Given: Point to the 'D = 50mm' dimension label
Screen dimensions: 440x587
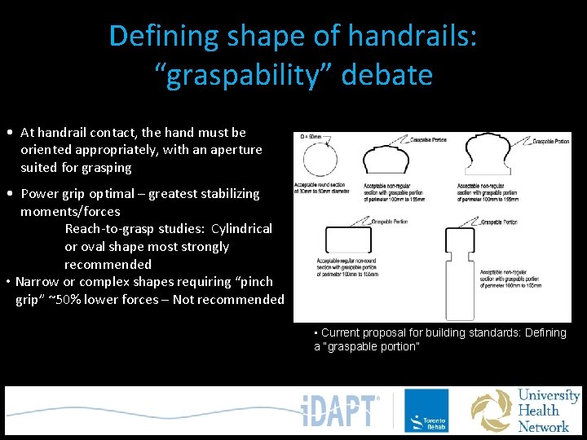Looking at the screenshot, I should [x=311, y=136].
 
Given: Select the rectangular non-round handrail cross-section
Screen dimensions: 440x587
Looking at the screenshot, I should [x=348, y=239].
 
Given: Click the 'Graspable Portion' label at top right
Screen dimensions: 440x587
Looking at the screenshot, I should [x=550, y=142].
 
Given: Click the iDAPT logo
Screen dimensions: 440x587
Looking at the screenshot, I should [x=340, y=411].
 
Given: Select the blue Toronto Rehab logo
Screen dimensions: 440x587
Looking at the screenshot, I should [x=426, y=411].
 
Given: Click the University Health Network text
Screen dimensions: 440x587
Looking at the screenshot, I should [x=548, y=411].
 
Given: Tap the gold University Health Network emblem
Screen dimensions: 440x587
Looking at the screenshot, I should [x=492, y=411].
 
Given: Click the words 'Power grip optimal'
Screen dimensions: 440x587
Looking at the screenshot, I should [x=77, y=194].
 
